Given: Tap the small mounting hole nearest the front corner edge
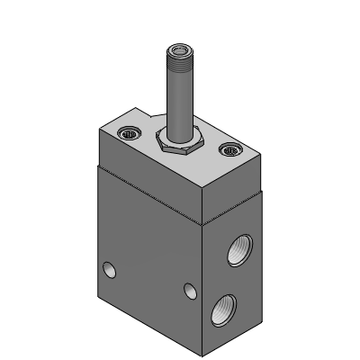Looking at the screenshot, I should coord(189,291).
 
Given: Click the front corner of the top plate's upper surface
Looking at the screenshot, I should coord(205,186).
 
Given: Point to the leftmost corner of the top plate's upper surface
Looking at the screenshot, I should coord(97,130).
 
